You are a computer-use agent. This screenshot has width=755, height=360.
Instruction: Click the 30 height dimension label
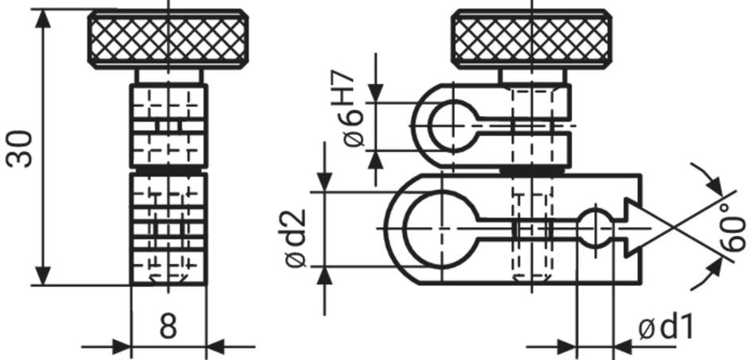(x=20, y=149)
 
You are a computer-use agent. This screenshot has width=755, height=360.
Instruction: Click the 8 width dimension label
(x=168, y=327)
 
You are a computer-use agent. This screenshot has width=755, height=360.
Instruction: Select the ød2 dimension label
(x=296, y=238)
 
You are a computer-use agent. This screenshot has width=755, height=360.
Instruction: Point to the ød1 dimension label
(x=666, y=328)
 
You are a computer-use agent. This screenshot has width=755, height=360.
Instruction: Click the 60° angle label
(x=734, y=234)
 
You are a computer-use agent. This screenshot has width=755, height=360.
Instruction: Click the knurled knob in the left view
(x=168, y=39)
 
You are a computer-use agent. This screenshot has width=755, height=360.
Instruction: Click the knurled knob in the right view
(x=532, y=39)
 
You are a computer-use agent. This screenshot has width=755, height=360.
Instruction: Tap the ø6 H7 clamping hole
(x=453, y=126)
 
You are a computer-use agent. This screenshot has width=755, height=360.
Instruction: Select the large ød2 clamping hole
(x=440, y=229)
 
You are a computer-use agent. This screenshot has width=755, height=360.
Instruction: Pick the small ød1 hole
(x=595, y=227)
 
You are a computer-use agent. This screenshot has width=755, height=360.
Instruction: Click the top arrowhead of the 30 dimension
(x=44, y=18)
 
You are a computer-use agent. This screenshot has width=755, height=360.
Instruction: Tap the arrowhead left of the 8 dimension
(x=122, y=346)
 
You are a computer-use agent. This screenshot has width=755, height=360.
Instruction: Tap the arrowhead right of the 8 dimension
(x=215, y=346)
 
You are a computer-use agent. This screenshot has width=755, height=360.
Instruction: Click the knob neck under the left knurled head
(x=168, y=76)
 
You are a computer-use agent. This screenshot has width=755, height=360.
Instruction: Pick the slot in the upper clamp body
(x=522, y=126)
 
